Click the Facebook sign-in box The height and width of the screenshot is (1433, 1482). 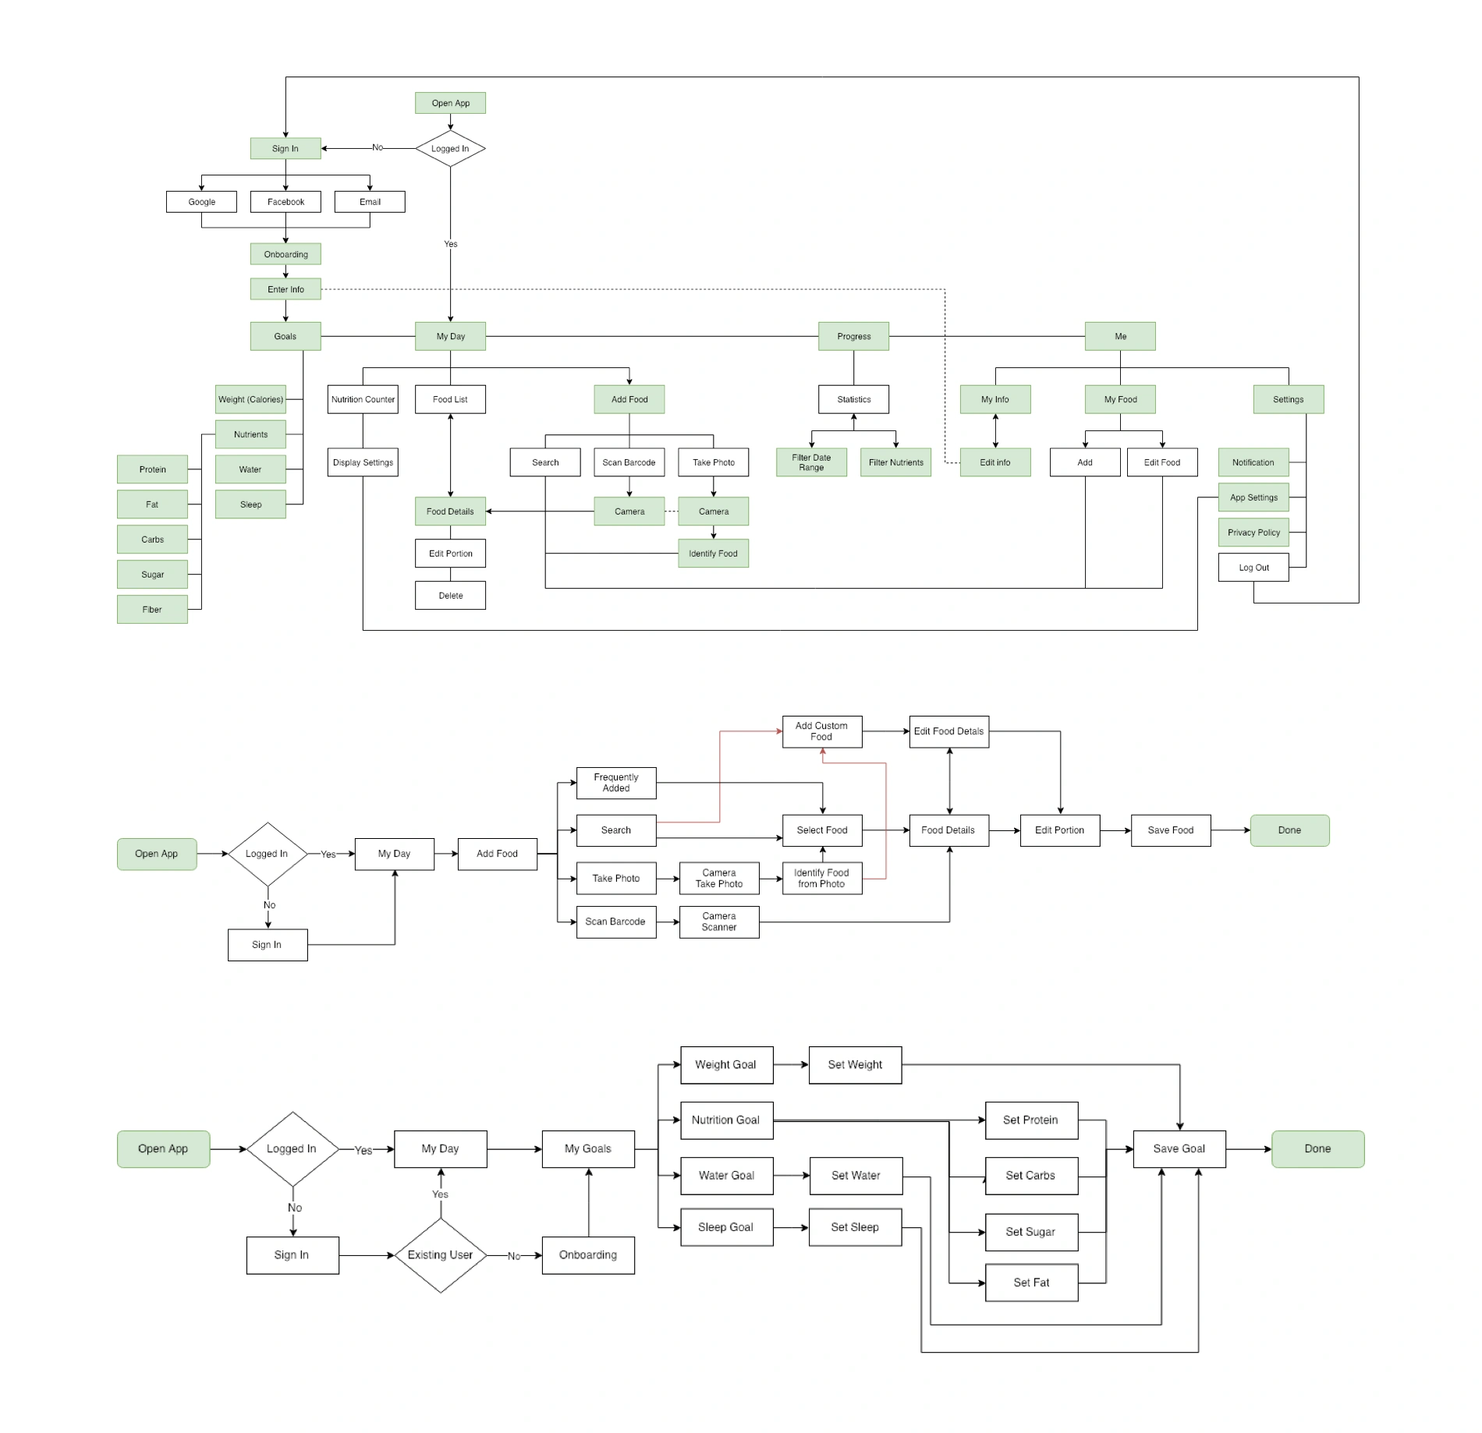[x=285, y=201]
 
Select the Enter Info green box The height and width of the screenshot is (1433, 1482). [x=285, y=289]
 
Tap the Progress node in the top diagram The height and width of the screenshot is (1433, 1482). [x=853, y=336]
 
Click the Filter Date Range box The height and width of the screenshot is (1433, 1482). [x=811, y=462]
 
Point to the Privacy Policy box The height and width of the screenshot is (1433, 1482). [x=1253, y=533]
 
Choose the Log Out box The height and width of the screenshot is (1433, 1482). [x=1253, y=568]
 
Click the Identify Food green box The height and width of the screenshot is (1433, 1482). [x=713, y=554]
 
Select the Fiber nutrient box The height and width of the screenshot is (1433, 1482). [x=152, y=610]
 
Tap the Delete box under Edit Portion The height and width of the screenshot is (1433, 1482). [x=450, y=596]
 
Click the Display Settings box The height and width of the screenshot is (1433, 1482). [x=363, y=462]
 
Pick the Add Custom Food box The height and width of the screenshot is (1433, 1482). [x=821, y=731]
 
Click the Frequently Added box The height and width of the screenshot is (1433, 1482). [x=615, y=783]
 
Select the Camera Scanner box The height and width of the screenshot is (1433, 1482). [x=718, y=922]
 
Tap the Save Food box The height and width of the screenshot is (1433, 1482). [x=1170, y=830]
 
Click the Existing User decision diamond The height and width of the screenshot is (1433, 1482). [x=440, y=1255]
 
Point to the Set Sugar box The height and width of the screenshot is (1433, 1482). [x=1030, y=1232]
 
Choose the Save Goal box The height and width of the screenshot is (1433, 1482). [x=1179, y=1148]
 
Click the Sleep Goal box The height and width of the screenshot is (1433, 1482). [x=725, y=1227]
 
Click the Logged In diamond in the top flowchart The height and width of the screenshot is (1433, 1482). [x=450, y=148]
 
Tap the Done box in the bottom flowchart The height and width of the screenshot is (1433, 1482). [x=1317, y=1148]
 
